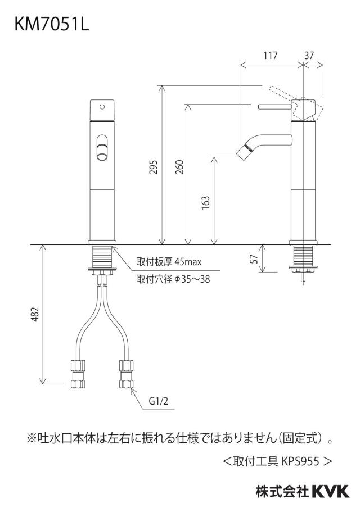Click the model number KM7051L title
click(x=52, y=24)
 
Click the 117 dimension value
click(x=270, y=56)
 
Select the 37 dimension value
click(x=309, y=56)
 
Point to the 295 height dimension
click(x=154, y=167)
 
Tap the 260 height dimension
click(x=179, y=167)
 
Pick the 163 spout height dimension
click(x=206, y=202)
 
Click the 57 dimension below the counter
click(x=255, y=258)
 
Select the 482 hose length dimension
click(x=35, y=314)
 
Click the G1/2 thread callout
click(x=159, y=401)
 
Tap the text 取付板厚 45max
click(x=169, y=261)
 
